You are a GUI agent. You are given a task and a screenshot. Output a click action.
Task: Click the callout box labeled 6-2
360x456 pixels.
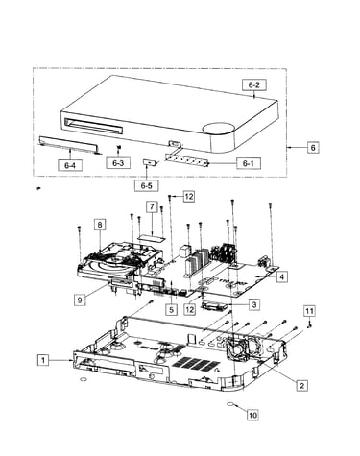coord(253,84)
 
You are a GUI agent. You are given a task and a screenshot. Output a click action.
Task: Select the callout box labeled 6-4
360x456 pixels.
coord(70,165)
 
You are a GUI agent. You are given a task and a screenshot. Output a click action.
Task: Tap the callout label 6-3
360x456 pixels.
coord(118,163)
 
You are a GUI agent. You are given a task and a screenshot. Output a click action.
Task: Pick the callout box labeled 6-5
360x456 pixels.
coord(146,185)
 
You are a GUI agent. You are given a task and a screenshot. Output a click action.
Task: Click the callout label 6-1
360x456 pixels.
coord(249,163)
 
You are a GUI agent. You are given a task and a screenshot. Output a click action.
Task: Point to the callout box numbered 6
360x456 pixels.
coord(313,147)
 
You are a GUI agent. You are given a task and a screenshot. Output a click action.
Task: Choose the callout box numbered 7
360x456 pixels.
coord(152,207)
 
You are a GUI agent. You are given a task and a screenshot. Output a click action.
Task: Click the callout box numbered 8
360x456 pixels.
coord(100,225)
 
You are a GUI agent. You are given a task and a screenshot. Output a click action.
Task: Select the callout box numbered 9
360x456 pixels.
coord(80,300)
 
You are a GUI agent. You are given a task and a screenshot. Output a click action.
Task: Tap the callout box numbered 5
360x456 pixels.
coord(172,309)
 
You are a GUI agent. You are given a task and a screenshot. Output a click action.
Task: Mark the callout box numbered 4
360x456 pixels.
coord(281,276)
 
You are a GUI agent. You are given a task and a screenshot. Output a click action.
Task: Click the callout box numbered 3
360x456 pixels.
coord(254,304)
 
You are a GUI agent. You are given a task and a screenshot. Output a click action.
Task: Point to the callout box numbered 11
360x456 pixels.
coord(309,311)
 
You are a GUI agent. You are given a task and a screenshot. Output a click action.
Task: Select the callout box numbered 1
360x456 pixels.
coord(43,360)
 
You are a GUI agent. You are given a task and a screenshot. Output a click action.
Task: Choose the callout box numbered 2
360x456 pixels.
coord(301,385)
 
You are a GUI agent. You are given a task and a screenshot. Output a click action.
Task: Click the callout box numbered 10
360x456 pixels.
coord(252,415)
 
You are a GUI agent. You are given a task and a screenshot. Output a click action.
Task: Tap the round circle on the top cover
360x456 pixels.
coord(218,128)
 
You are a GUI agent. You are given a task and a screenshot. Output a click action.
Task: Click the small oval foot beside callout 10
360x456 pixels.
coord(231,404)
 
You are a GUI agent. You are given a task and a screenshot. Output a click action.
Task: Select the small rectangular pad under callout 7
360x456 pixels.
coord(152,237)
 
